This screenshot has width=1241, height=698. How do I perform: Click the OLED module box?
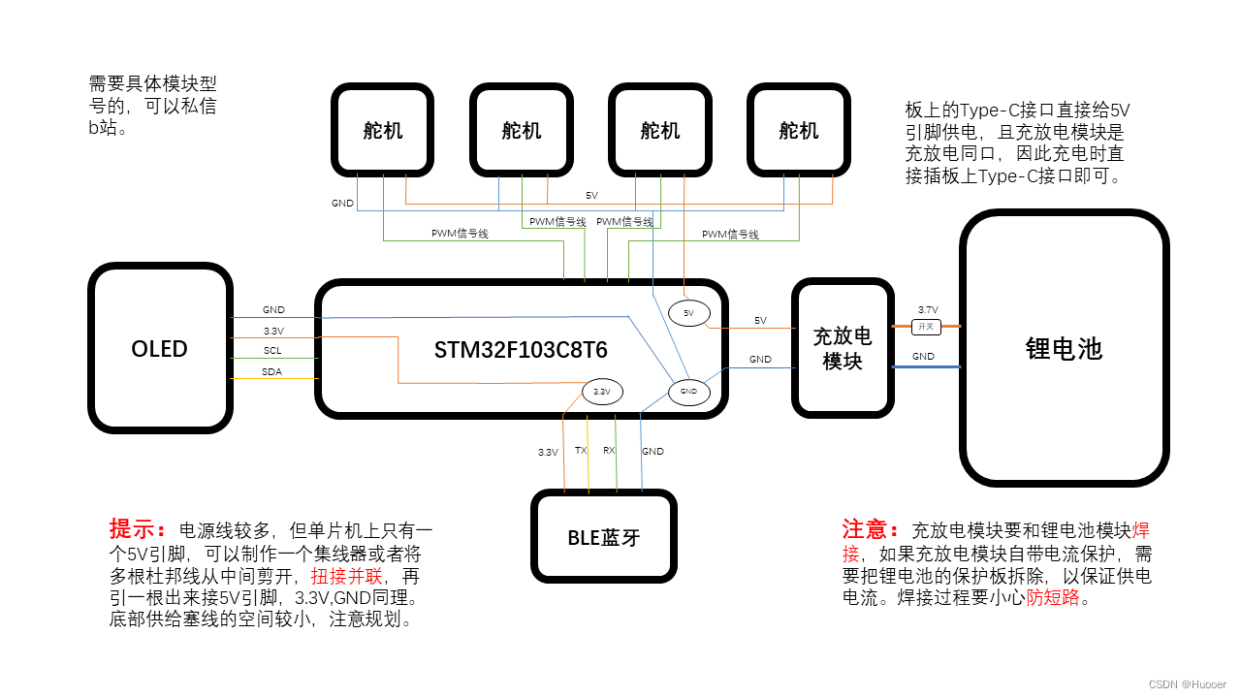point(160,349)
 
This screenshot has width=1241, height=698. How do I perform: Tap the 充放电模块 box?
point(842,348)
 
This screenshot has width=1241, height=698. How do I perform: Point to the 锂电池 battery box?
point(1064,349)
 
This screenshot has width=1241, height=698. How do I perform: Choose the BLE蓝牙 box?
point(603,536)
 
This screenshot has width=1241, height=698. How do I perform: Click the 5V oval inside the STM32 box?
point(688,313)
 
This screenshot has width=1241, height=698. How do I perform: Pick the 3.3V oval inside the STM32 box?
point(601,392)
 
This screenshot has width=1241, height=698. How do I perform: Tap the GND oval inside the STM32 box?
point(688,392)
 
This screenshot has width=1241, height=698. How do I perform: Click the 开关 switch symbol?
point(926,327)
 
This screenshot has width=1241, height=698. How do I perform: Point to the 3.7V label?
point(927,310)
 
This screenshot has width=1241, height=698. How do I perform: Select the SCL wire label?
point(272,351)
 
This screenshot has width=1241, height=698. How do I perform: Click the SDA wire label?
point(272,372)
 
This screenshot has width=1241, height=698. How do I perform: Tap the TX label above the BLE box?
point(581,451)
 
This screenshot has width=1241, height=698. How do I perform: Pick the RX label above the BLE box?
point(609,451)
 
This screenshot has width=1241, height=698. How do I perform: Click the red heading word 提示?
point(133,529)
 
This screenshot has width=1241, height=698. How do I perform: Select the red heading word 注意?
point(866,529)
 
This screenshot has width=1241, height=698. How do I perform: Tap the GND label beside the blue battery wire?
point(923,357)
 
